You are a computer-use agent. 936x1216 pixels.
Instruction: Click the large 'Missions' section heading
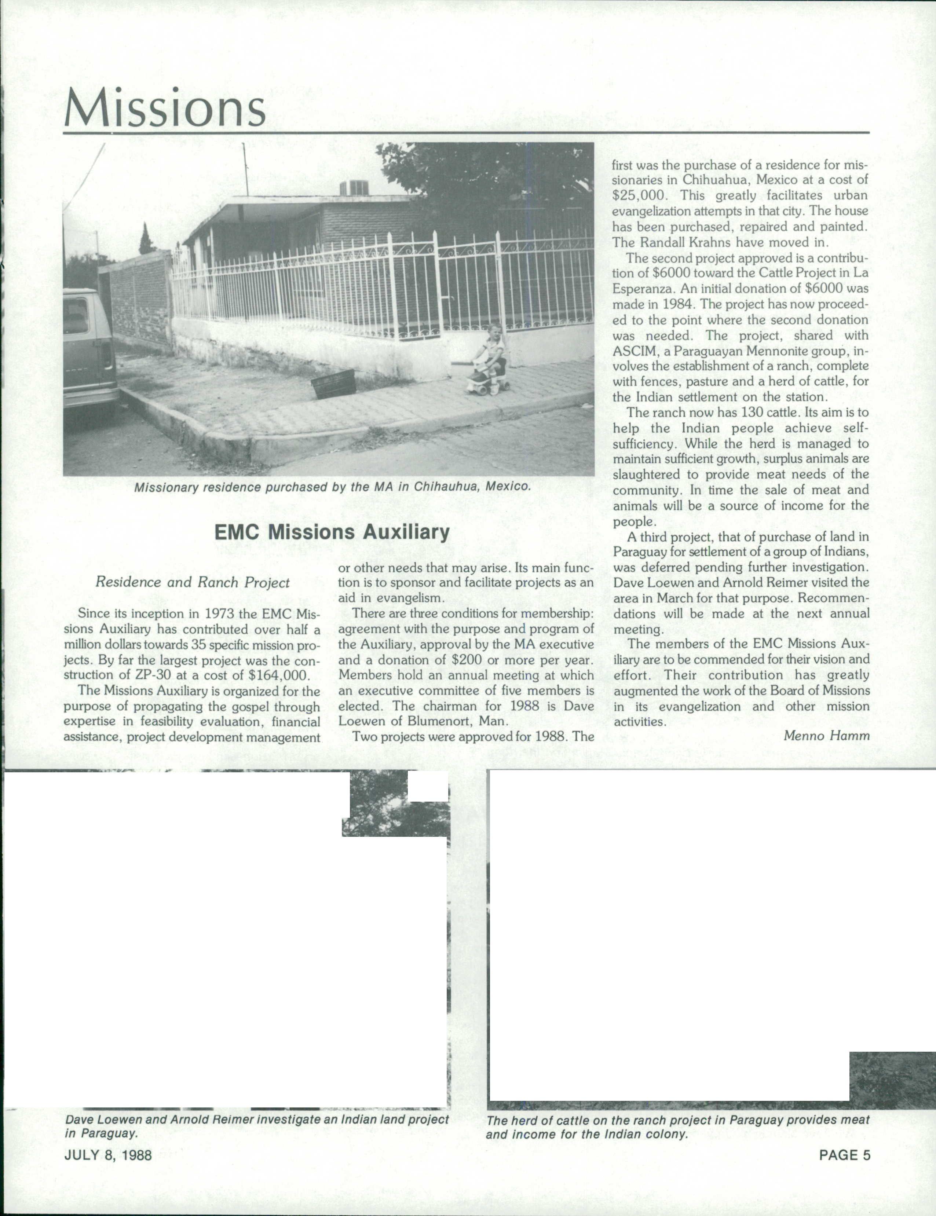[165, 107]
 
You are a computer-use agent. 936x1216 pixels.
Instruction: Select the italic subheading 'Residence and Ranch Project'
[193, 582]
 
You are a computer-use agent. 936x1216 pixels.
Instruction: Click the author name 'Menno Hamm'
[826, 736]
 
